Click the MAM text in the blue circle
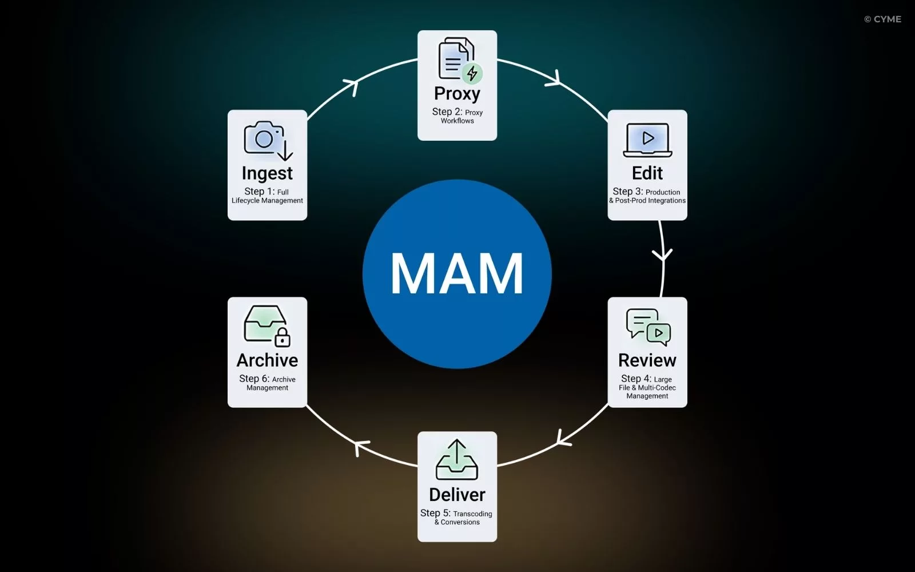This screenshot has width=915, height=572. click(457, 273)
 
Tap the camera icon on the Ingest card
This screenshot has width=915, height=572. click(265, 138)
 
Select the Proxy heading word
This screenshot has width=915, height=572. click(457, 93)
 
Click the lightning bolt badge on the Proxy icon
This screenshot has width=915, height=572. click(472, 73)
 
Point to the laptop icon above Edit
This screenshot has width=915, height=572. click(647, 140)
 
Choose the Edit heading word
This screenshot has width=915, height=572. click(647, 173)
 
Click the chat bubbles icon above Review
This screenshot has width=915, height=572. click(648, 327)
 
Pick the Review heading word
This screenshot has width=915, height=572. click(647, 360)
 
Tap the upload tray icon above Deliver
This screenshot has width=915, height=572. click(457, 460)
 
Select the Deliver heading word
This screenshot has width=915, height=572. click(457, 495)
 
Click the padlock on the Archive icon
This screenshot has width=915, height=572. click(283, 339)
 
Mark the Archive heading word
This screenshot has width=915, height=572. click(267, 360)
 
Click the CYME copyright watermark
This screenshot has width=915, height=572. click(882, 19)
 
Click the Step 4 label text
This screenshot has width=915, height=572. click(636, 379)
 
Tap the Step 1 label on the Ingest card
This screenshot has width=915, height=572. click(259, 192)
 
